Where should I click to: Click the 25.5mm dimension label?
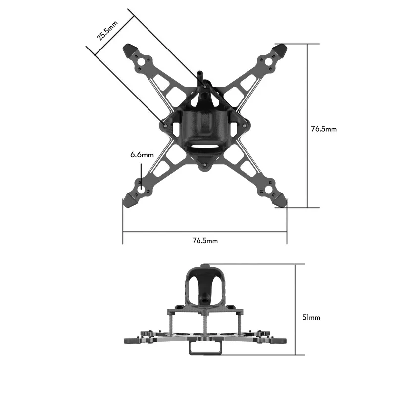pyautogui.click(x=107, y=30)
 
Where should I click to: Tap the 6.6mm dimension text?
pyautogui.click(x=142, y=155)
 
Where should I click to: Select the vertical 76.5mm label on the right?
pyautogui.click(x=324, y=129)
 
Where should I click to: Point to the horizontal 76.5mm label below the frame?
pyautogui.click(x=205, y=241)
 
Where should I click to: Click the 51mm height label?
pyautogui.click(x=311, y=317)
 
